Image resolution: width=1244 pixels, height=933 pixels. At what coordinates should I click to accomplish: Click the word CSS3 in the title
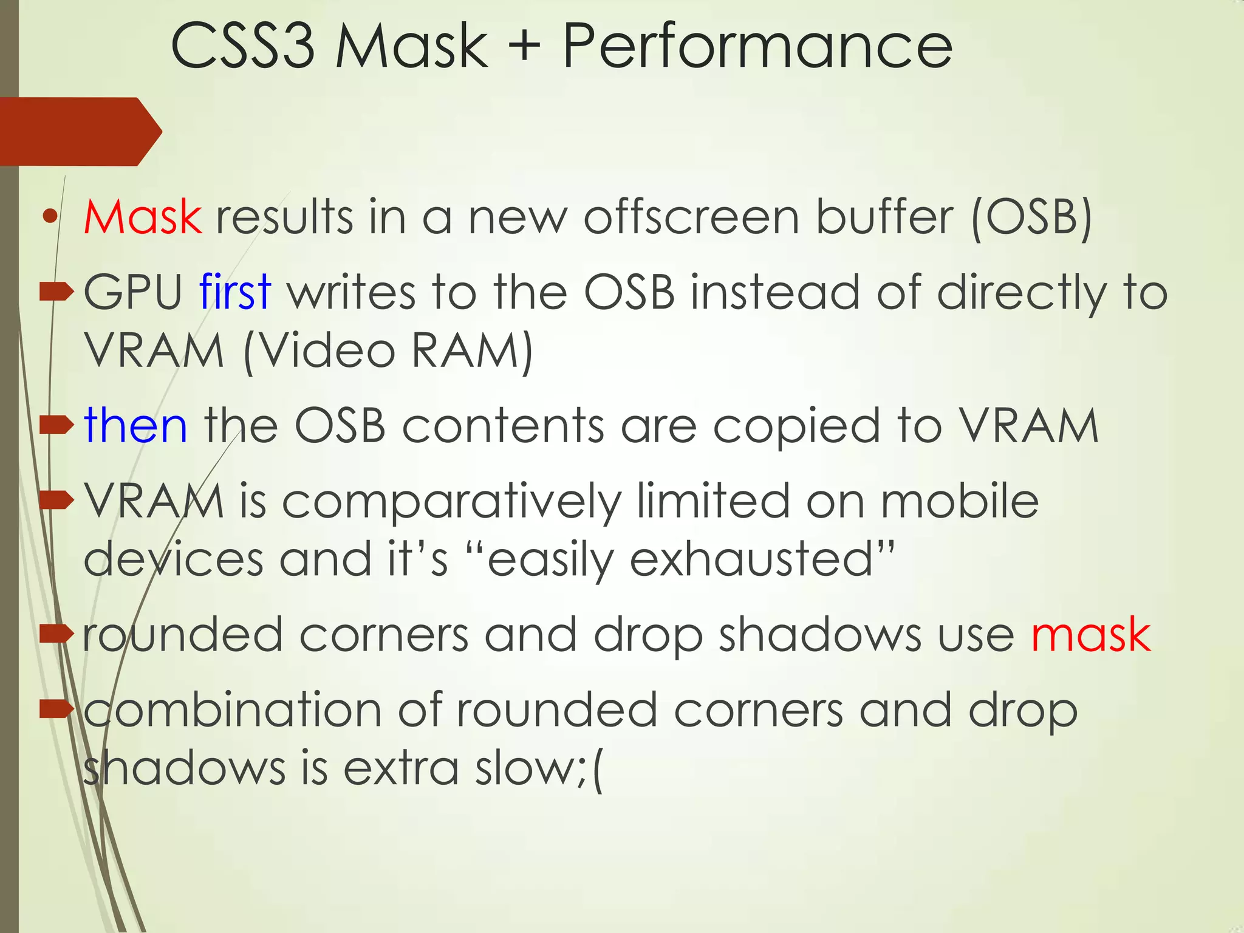point(243,46)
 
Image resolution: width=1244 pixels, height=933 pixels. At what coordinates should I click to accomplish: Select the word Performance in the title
point(757,46)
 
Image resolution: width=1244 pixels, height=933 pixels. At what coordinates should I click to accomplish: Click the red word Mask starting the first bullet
point(143,217)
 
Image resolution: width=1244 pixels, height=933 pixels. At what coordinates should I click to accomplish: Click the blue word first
point(234,292)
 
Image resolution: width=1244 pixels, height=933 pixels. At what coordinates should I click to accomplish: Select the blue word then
point(135,426)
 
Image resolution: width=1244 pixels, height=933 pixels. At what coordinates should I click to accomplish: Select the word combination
point(233,709)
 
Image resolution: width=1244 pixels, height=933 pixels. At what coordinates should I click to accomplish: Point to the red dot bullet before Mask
point(50,216)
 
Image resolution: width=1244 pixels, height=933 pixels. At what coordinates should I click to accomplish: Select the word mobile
point(960,502)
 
